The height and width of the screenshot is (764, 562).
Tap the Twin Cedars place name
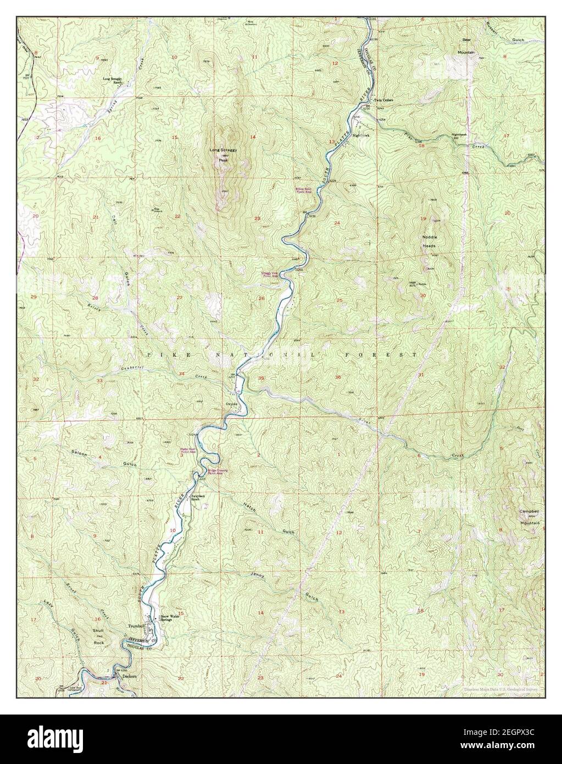[x=384, y=101]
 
